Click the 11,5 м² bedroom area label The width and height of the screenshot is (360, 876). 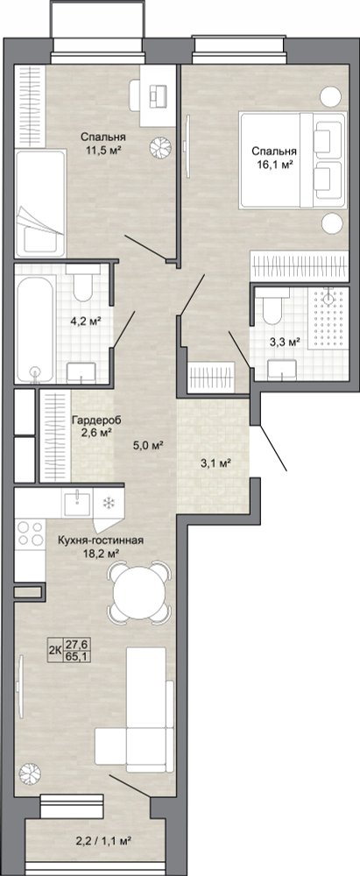click(102, 149)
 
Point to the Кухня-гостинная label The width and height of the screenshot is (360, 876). click(102, 540)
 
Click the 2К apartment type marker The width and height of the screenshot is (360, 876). click(55, 650)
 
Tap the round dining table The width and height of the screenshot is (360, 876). click(138, 593)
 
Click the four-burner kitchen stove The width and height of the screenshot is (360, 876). click(30, 533)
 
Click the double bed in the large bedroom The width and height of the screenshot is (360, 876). click(291, 160)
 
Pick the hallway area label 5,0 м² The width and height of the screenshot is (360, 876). click(147, 446)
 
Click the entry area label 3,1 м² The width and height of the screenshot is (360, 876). click(215, 463)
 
